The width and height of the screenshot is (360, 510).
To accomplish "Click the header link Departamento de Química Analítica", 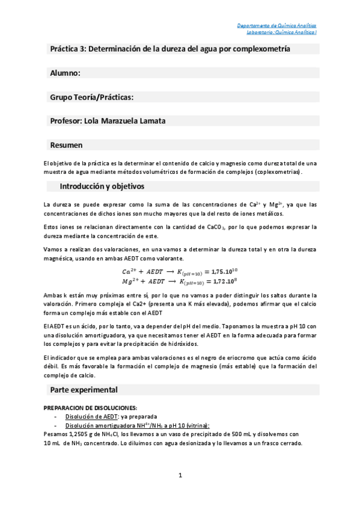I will click(x=277, y=26).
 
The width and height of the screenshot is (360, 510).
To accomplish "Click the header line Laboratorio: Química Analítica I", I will click(x=277, y=32).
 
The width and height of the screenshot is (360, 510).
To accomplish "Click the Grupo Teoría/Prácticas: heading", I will click(x=92, y=97).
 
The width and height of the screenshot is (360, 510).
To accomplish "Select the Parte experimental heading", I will click(x=84, y=389).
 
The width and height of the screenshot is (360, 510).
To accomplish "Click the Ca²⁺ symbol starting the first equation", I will click(x=127, y=272).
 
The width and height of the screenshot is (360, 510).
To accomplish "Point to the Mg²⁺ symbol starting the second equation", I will click(x=127, y=281).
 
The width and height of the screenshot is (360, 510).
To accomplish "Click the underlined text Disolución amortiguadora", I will click(x=101, y=425).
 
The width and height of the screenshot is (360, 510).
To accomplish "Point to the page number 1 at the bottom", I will click(x=180, y=476).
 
